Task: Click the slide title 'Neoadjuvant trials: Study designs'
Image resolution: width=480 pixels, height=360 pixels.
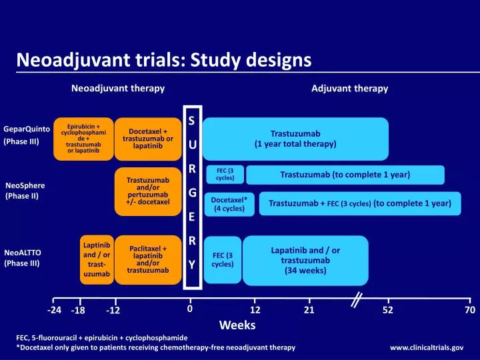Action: click(x=163, y=60)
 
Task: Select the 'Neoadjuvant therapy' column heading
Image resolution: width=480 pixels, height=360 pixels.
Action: click(x=118, y=88)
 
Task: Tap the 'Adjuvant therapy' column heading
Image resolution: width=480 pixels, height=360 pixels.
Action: click(x=349, y=88)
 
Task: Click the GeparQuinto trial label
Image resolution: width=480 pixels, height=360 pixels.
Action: click(x=22, y=129)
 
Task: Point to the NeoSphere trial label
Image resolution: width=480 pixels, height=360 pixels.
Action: click(x=24, y=185)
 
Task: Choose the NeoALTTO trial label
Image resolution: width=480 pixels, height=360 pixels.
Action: click(x=22, y=253)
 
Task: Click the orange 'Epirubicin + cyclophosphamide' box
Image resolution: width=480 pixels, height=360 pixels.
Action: click(x=83, y=139)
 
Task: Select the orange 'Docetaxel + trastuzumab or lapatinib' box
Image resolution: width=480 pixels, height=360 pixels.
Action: click(x=147, y=139)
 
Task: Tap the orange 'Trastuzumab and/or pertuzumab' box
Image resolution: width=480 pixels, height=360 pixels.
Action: click(x=147, y=191)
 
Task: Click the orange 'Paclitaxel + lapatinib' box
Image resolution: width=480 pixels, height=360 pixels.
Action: click(x=147, y=259)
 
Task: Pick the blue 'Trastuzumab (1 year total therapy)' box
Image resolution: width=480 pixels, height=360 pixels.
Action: click(x=295, y=139)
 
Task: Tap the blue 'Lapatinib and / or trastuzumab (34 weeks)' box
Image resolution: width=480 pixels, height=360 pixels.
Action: click(x=305, y=260)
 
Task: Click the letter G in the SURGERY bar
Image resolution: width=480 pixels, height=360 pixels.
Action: click(x=191, y=193)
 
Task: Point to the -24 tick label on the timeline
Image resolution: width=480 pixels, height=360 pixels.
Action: click(x=54, y=310)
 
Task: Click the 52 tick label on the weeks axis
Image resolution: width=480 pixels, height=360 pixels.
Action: click(x=388, y=310)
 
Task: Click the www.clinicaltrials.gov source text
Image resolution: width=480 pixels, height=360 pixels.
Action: click(x=427, y=347)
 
